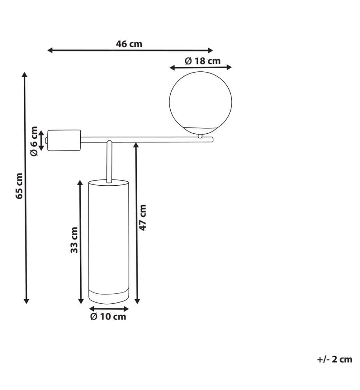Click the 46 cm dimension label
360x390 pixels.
129,44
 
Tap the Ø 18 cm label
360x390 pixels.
203,61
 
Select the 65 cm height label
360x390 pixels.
19,186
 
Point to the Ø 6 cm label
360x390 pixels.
34,141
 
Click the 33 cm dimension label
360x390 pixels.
74,240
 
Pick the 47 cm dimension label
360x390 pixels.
143,218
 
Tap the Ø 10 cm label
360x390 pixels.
108,317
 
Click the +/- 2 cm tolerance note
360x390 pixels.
335,360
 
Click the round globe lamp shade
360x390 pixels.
201,103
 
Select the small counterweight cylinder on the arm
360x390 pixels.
64,140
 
